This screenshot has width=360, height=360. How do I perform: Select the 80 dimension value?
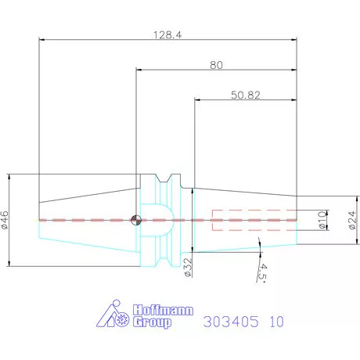[217, 66]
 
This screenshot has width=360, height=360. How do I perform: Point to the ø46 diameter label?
[5, 221]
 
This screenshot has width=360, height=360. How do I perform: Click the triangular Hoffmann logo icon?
[117, 315]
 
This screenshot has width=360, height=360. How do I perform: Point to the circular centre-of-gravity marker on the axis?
[137, 220]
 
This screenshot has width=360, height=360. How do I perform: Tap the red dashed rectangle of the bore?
[254, 220]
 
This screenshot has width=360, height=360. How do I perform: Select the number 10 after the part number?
[276, 322]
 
